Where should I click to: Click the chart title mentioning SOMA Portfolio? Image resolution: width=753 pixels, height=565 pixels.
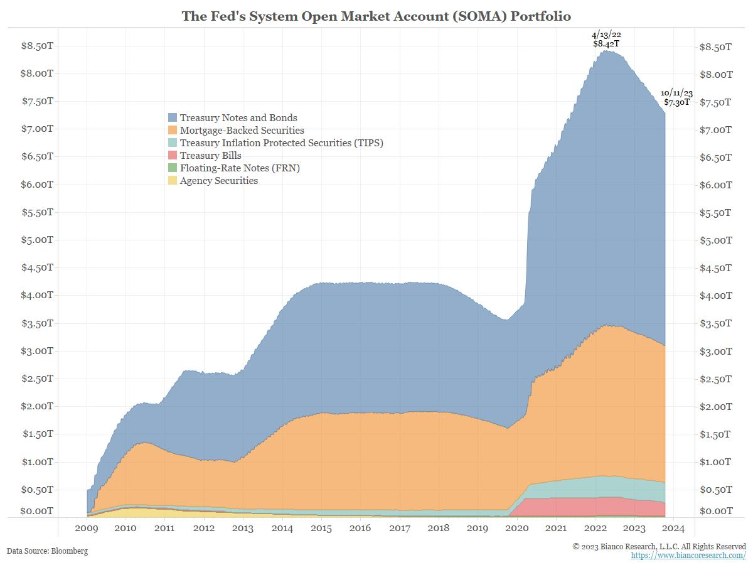coord(376,15)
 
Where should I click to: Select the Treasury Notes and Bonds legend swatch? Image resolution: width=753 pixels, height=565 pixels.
coord(173,117)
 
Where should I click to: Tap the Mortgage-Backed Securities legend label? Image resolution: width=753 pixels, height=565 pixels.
coord(242,131)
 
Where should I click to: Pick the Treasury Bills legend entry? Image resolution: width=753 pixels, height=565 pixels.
coord(210,156)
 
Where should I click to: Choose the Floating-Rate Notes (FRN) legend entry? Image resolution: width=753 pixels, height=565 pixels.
coord(235,168)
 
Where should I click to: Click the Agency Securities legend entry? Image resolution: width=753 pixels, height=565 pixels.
coord(218,181)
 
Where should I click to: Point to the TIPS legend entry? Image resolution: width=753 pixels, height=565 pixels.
coord(281,143)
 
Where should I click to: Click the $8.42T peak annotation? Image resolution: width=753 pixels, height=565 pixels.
coord(606,44)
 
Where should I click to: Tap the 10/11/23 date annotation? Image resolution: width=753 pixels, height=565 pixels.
coord(676,93)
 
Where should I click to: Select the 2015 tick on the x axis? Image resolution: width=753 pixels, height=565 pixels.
coord(321,529)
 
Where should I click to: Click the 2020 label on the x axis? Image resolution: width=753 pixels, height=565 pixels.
coord(517,529)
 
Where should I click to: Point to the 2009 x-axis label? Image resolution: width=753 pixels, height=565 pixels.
coord(87,529)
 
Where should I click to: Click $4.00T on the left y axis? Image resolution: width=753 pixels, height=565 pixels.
coord(37,295)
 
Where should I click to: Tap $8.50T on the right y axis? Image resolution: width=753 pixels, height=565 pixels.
coord(715,47)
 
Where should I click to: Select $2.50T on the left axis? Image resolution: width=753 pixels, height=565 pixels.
coord(37,379)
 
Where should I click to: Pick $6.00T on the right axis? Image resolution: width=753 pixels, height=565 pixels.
coord(715,185)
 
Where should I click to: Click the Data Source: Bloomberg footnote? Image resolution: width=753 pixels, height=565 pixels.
coord(47,551)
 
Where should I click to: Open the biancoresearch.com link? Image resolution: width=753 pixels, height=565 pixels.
coord(688,556)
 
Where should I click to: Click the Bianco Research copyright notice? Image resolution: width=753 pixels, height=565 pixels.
coord(659,547)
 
